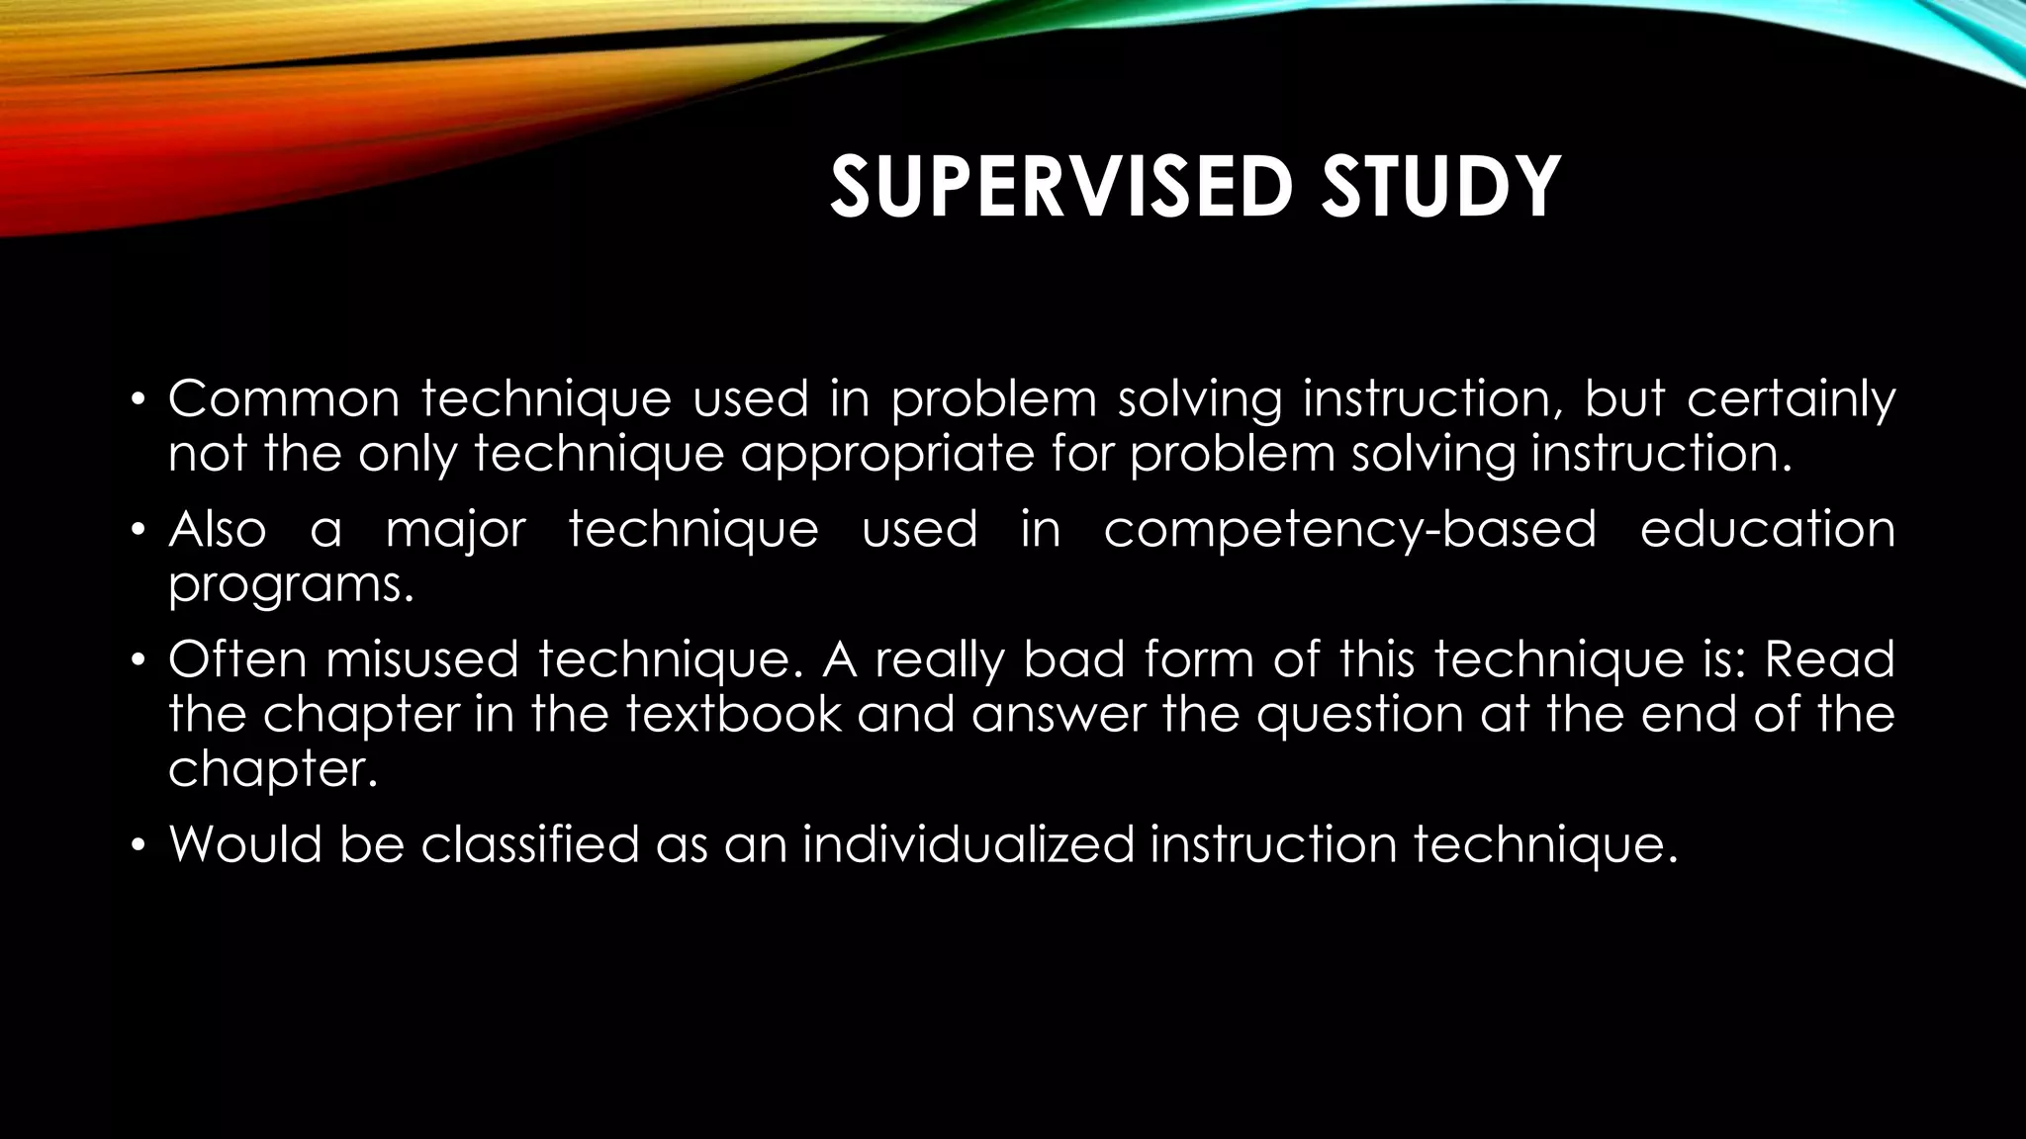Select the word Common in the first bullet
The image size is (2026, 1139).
point(284,399)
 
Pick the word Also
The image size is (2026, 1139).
point(218,529)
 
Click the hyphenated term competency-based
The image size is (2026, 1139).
point(1349,531)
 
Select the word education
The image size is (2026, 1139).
point(1767,529)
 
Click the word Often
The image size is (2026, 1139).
point(237,659)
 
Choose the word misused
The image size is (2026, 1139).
point(422,659)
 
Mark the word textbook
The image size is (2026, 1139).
point(733,714)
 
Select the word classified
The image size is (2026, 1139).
point(529,844)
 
